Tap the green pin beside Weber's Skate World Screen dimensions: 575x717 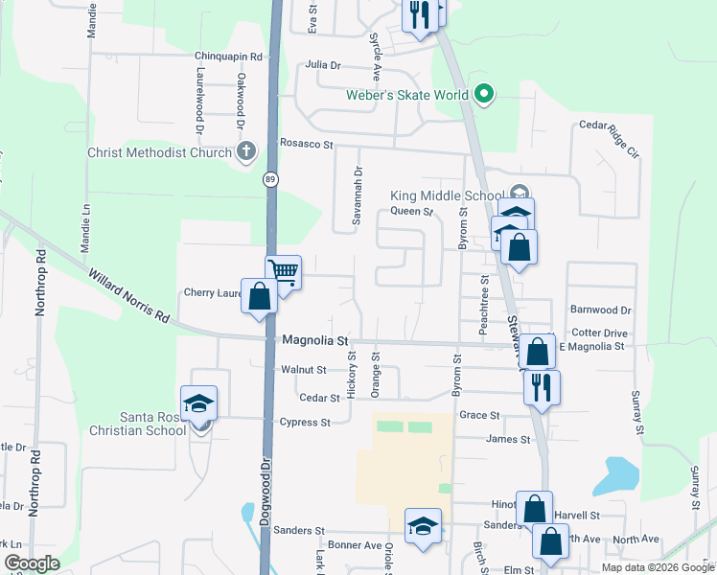[x=484, y=94]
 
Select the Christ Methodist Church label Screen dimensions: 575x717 [x=159, y=152]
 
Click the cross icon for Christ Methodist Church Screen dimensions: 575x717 [x=246, y=150]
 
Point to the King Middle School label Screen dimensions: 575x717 [x=446, y=195]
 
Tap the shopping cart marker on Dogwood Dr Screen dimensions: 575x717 [x=284, y=272]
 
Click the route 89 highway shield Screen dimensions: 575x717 [x=270, y=178]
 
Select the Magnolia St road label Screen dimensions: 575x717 [x=315, y=340]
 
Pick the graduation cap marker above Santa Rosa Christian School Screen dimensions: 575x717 [x=199, y=402]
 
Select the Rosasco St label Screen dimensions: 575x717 [x=306, y=144]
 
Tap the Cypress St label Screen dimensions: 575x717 [x=305, y=422]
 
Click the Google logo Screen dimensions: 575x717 [x=33, y=563]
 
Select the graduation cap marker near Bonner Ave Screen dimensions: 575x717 [x=423, y=525]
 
